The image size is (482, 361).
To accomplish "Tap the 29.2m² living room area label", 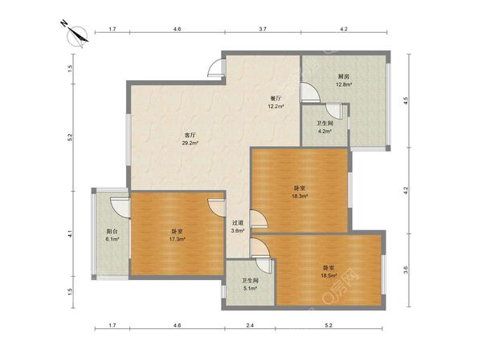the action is click(190, 143).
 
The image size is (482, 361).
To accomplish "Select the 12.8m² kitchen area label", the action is click(344, 84).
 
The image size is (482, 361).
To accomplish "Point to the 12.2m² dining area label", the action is click(276, 106).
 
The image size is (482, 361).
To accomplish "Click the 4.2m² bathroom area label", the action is click(325, 131).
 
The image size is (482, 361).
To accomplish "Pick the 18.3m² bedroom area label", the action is click(300, 196).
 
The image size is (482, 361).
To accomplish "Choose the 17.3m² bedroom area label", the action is click(177, 239).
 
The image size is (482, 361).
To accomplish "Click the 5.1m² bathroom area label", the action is click(250, 288).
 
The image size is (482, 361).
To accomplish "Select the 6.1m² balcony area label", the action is click(112, 239).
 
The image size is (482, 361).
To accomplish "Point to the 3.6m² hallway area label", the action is click(238, 230).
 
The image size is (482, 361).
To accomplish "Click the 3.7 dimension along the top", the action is click(263, 29).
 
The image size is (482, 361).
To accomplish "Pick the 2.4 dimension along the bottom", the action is click(250, 326).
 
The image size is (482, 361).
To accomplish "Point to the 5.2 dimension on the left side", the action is click(71, 137).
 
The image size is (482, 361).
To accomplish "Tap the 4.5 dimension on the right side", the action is click(406, 101).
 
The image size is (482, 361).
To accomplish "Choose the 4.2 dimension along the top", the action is click(344, 29).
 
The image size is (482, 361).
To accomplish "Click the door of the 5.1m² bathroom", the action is click(263, 265).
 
